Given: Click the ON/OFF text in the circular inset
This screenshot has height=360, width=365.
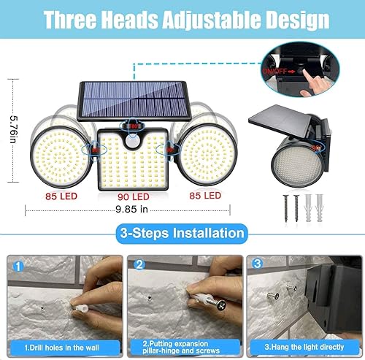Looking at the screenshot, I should (280, 71).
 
